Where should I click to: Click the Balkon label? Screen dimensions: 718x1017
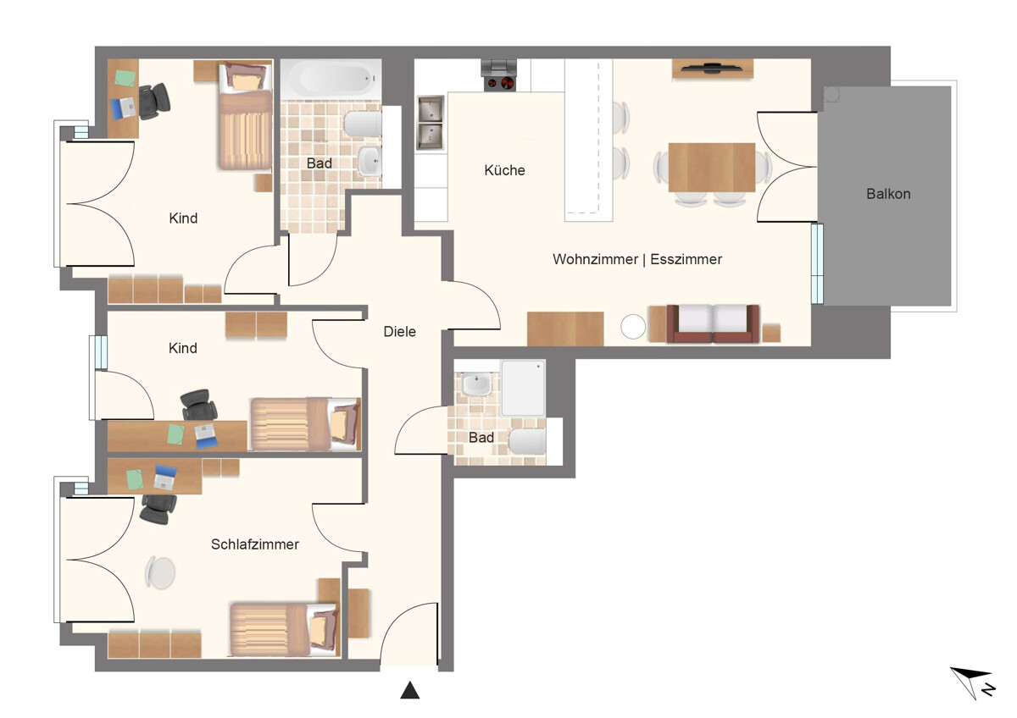(x=888, y=194)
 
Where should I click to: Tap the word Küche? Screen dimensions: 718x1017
(x=504, y=170)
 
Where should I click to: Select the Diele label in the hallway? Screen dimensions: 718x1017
(x=400, y=332)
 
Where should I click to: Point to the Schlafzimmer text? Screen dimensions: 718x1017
(x=254, y=544)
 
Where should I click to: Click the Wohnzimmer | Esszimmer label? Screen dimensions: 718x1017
(x=637, y=259)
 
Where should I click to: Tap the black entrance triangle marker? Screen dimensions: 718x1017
(x=410, y=691)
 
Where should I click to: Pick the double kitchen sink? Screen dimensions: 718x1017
(x=431, y=123)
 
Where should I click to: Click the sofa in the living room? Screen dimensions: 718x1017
(x=713, y=323)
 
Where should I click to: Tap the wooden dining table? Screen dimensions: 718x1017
(x=711, y=167)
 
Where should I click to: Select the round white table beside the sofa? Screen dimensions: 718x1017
(x=633, y=327)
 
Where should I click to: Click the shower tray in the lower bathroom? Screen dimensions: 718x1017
(x=523, y=388)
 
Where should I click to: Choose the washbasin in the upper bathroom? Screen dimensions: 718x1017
(x=370, y=159)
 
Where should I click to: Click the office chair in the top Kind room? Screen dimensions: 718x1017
(x=154, y=100)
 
